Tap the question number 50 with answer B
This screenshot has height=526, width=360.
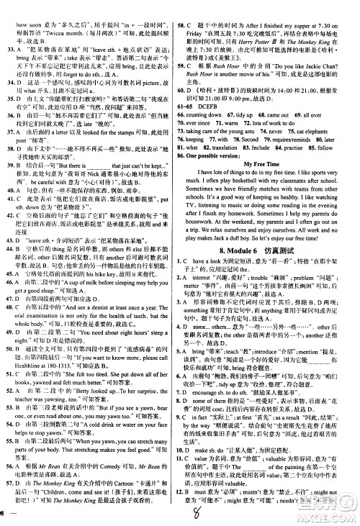[10, 333]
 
